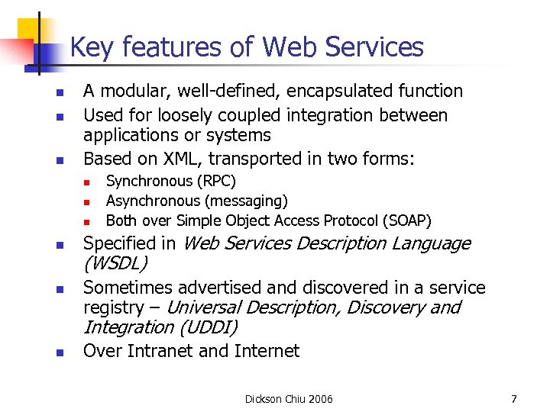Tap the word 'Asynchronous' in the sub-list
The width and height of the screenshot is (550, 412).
point(152,201)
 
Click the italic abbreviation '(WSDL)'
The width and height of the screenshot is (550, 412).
point(115,264)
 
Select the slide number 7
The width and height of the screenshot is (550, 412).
point(514,399)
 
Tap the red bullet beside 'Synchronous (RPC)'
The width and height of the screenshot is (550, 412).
point(88,182)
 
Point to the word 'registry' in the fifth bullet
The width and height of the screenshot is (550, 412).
point(113,307)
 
